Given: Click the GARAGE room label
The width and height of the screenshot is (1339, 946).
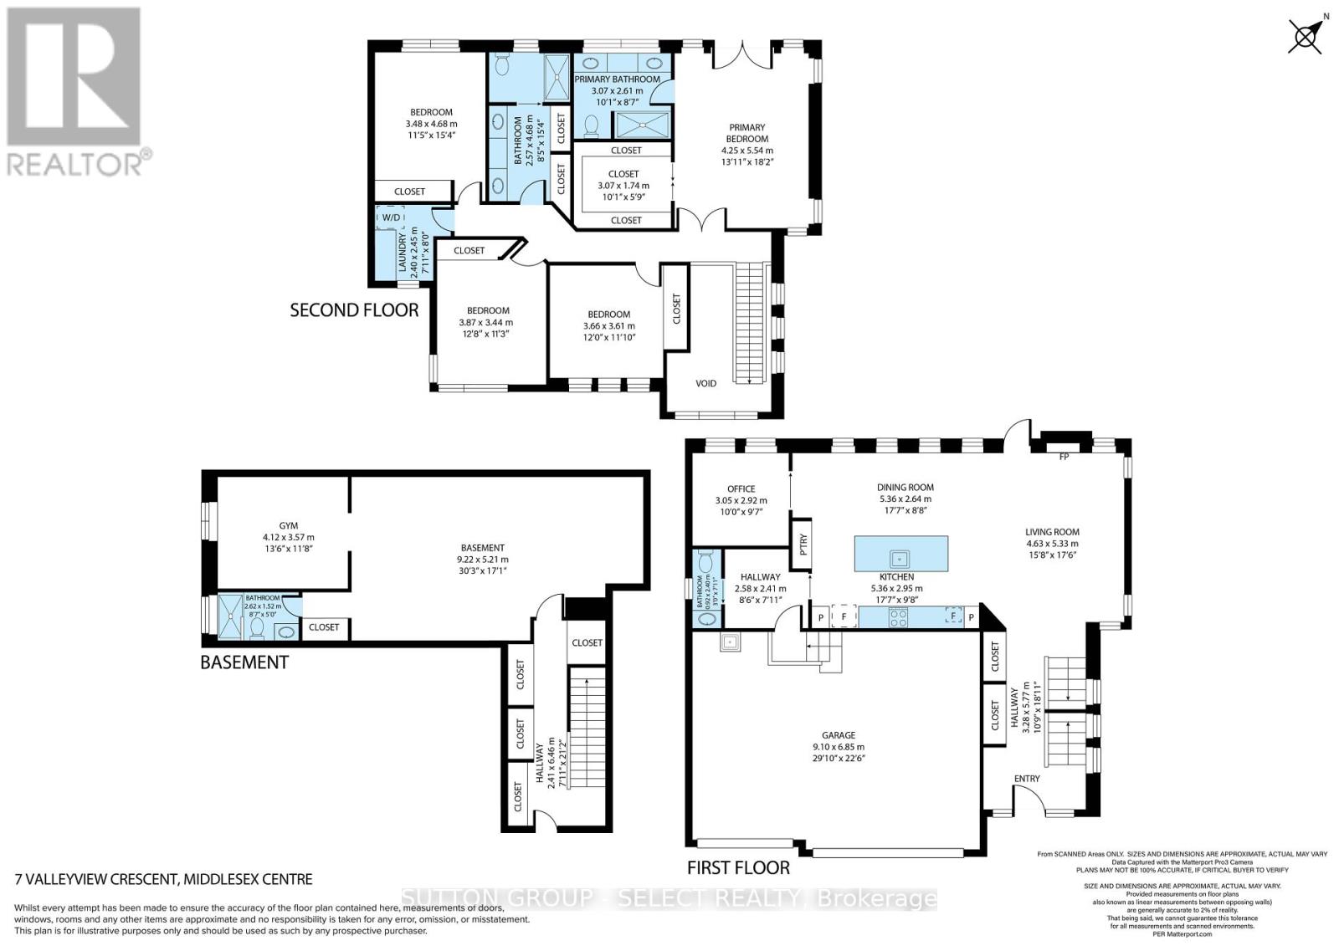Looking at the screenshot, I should click(x=838, y=735).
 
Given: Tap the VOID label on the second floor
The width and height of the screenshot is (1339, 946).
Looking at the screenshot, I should click(x=706, y=383).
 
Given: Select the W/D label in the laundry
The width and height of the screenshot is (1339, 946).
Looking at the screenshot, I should click(x=391, y=217).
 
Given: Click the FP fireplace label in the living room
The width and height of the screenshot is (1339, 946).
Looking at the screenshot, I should click(x=1064, y=457).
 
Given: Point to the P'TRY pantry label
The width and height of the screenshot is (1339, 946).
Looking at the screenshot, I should click(x=802, y=546).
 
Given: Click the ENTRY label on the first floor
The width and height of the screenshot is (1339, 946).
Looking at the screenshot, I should click(x=1027, y=779).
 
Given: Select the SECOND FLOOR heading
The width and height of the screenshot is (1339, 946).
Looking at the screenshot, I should click(x=354, y=310).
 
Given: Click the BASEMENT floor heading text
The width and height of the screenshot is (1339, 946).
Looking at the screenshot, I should click(x=244, y=662).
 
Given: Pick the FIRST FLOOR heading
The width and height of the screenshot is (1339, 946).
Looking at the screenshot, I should click(x=738, y=867).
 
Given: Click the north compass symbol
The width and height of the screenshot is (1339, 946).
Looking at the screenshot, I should click(x=1304, y=37).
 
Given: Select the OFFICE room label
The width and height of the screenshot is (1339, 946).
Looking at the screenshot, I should click(x=741, y=488).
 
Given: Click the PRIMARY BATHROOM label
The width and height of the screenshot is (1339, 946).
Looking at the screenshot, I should click(x=617, y=79).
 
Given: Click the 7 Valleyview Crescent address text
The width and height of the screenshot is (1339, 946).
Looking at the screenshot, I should click(x=164, y=879).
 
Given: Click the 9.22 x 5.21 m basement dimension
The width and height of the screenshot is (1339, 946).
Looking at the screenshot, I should click(x=481, y=560).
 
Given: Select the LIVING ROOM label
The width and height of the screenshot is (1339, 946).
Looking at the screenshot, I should click(x=1052, y=531).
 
